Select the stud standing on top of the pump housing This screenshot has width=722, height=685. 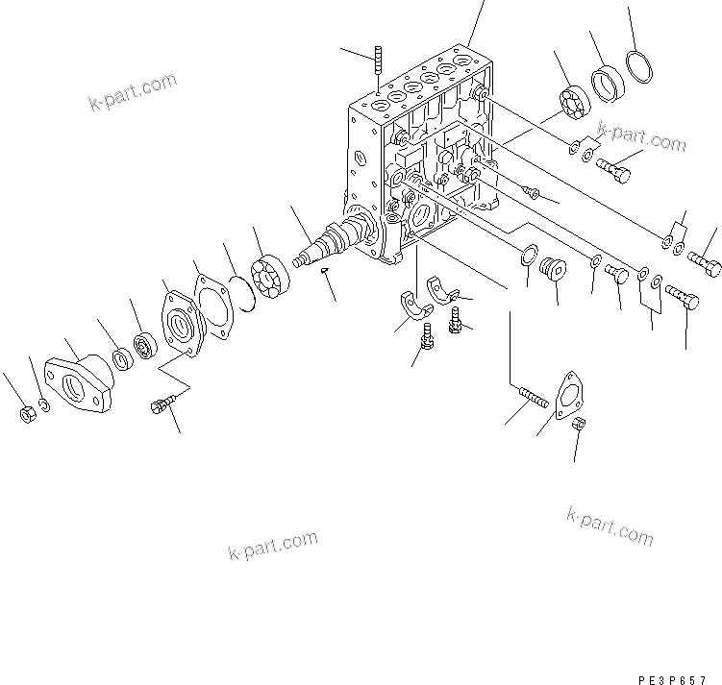[x=377, y=60]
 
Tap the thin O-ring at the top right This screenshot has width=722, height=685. [x=636, y=71]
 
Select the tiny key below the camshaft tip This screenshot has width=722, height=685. [x=325, y=271]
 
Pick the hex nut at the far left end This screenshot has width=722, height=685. [x=27, y=415]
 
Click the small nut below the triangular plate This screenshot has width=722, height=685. [x=580, y=425]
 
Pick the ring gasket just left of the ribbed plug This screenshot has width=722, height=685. [x=527, y=256]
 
